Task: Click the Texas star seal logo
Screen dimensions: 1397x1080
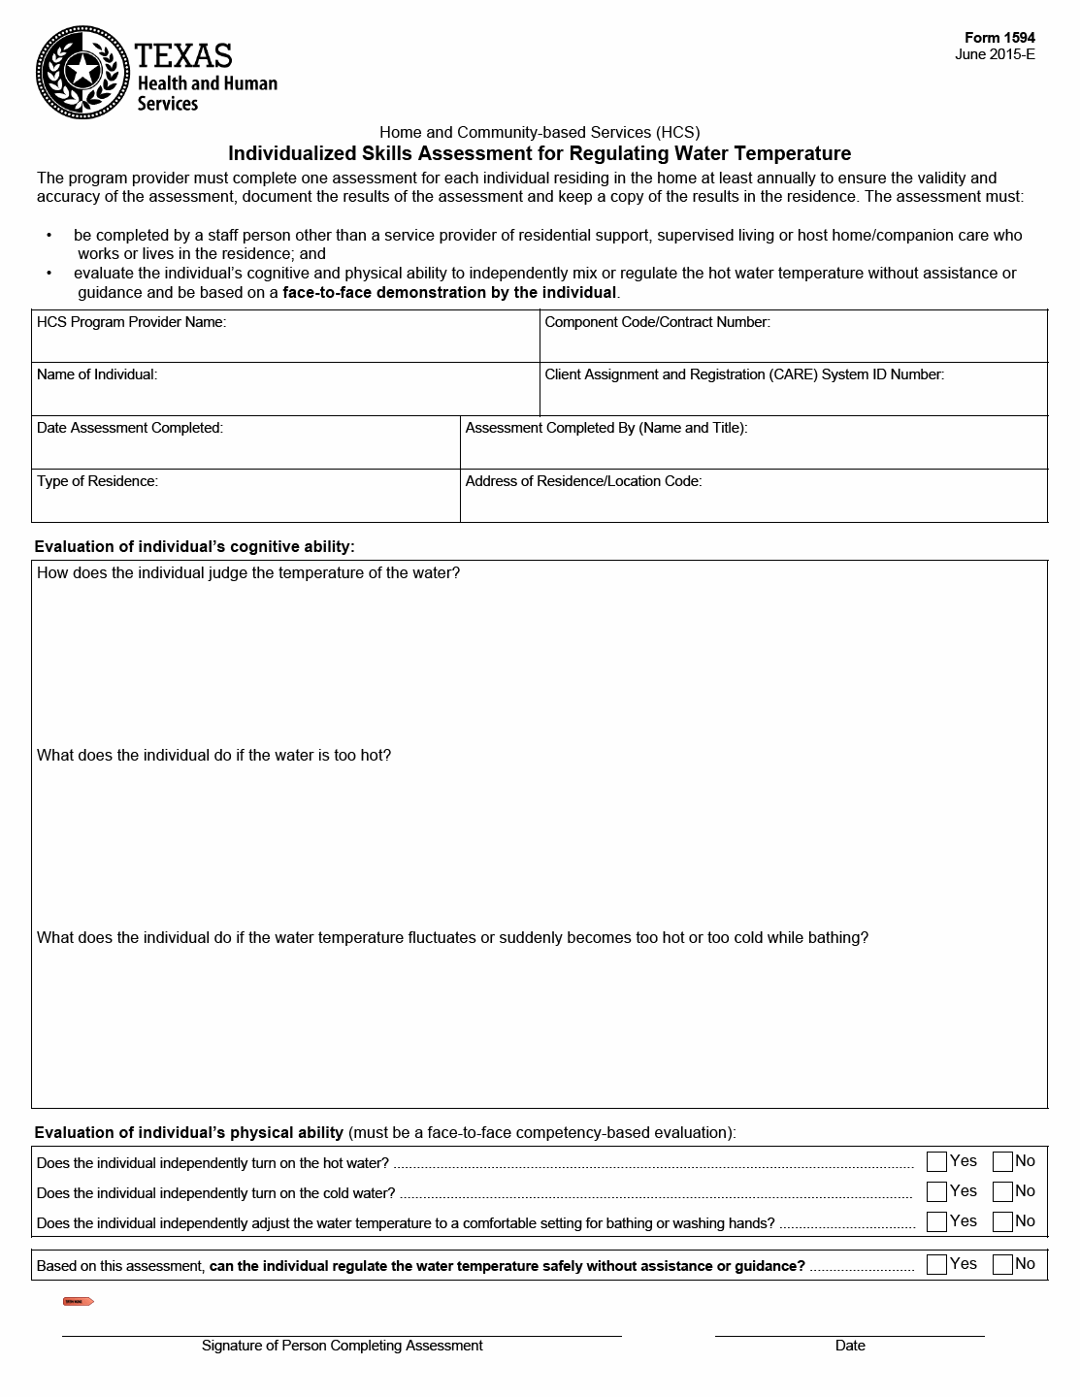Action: click(82, 71)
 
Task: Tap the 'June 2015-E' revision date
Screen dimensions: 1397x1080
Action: click(995, 54)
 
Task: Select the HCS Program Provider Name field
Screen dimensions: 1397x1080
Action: click(285, 344)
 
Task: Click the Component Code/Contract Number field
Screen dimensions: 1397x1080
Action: click(793, 344)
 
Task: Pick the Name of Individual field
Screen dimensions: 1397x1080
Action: click(285, 397)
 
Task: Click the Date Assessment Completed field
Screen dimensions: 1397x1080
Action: click(245, 450)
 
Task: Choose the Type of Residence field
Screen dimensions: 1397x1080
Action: click(245, 504)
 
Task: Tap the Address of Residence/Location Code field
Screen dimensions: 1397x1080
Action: click(753, 504)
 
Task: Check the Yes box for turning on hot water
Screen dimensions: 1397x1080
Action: click(936, 1161)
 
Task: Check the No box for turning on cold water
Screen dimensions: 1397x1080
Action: click(1002, 1191)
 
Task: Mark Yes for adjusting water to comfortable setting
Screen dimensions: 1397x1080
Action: click(936, 1221)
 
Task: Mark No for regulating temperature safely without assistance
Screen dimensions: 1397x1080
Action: click(1002, 1264)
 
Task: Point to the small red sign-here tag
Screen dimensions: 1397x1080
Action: click(78, 1301)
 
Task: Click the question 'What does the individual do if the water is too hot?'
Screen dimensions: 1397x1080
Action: click(213, 756)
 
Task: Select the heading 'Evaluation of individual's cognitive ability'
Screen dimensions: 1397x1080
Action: click(194, 547)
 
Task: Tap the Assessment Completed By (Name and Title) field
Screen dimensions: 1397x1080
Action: click(753, 450)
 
